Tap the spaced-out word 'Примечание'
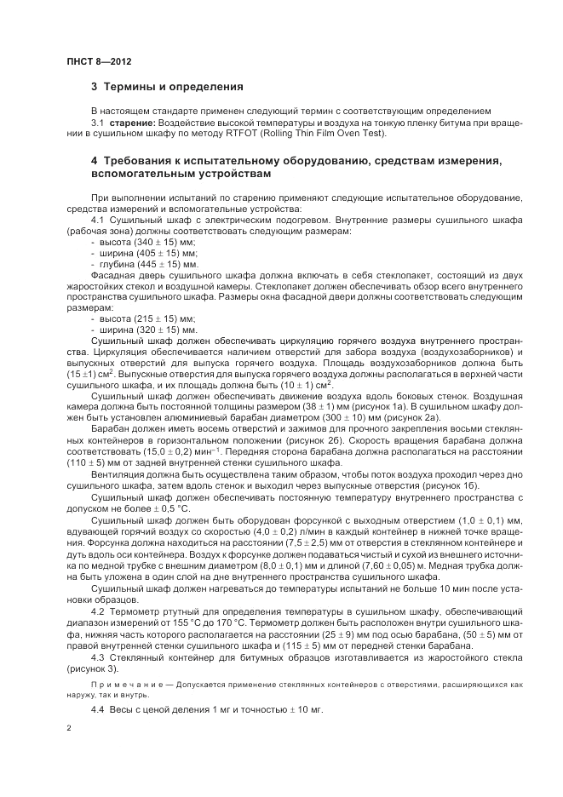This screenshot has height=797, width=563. pyautogui.click(x=124, y=684)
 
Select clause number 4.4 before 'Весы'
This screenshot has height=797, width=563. pyautogui.click(x=99, y=710)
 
